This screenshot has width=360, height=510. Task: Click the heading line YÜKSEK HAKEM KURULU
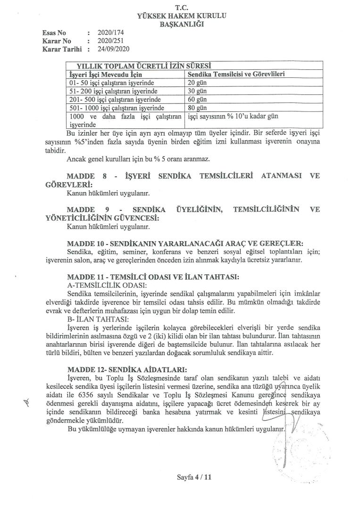(182, 16)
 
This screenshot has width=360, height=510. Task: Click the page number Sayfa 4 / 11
(193, 477)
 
